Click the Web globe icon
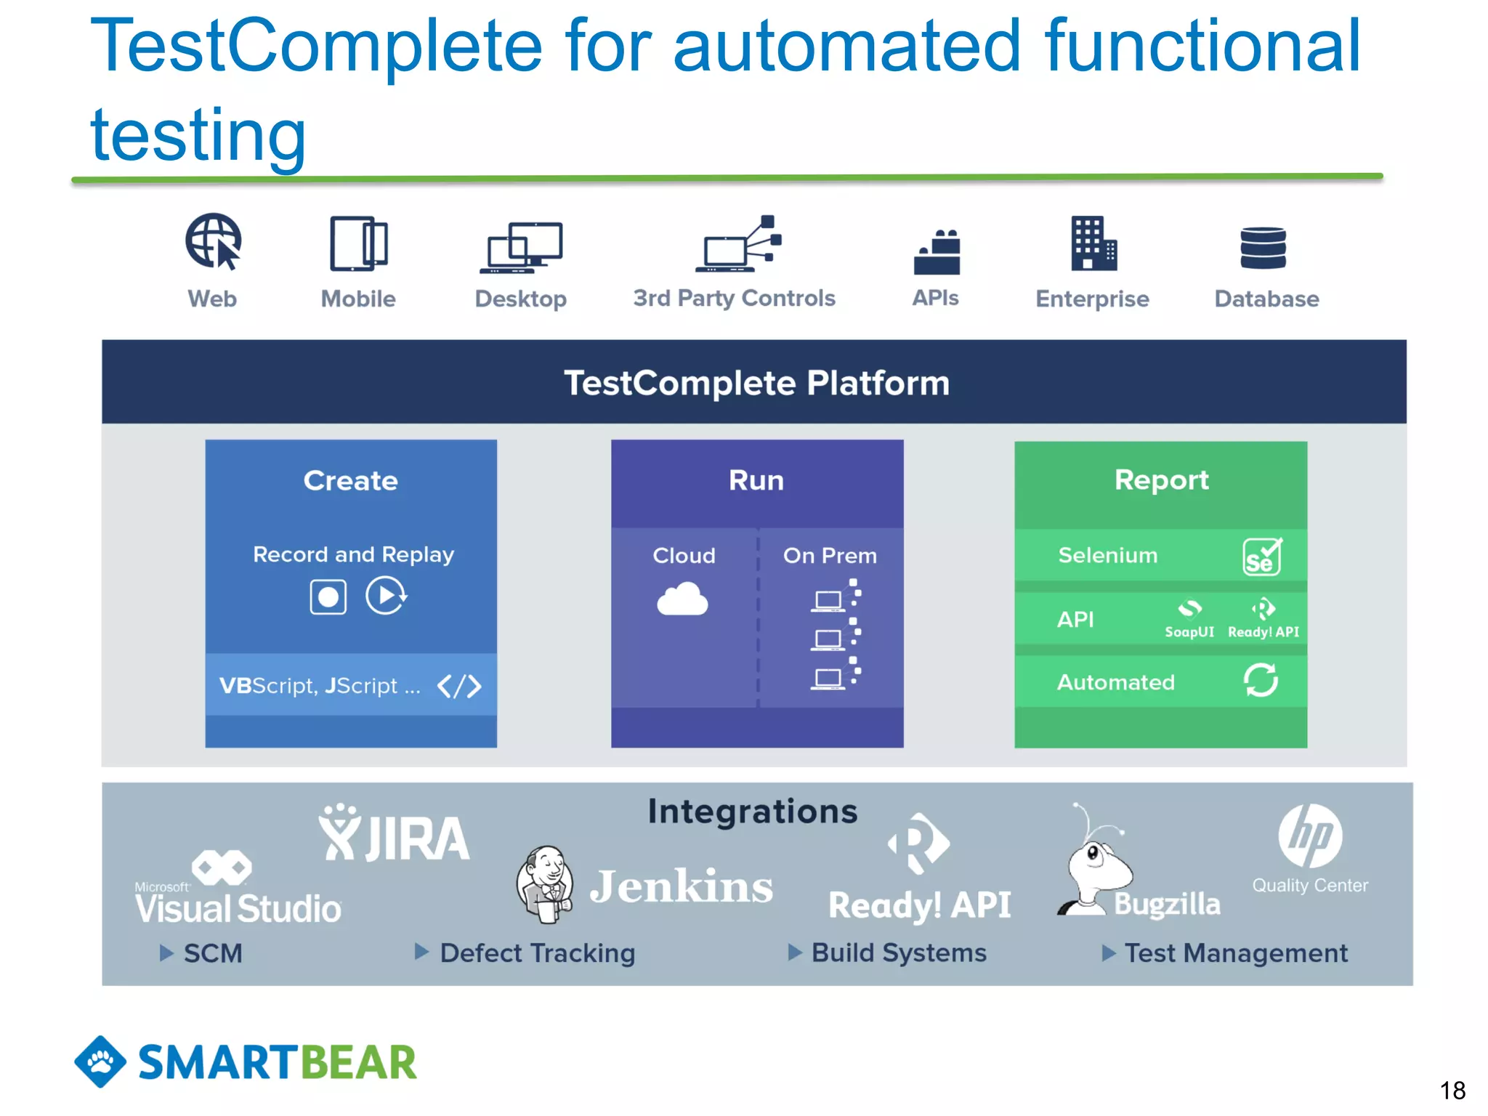pyautogui.click(x=213, y=241)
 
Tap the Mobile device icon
pyautogui.click(x=358, y=244)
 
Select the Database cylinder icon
pyautogui.click(x=1263, y=248)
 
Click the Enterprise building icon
pyautogui.click(x=1093, y=244)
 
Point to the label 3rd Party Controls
pyautogui.click(x=734, y=299)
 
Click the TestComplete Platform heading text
pyautogui.click(x=756, y=383)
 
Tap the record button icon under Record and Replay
pyautogui.click(x=328, y=597)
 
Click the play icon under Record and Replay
pyautogui.click(x=385, y=596)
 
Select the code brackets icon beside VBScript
pyautogui.click(x=459, y=686)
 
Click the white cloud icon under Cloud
pyautogui.click(x=682, y=599)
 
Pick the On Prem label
pyautogui.click(x=830, y=556)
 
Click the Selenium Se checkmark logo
pyautogui.click(x=1262, y=557)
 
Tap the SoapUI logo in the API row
pyautogui.click(x=1189, y=618)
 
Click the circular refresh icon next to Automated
pyautogui.click(x=1261, y=680)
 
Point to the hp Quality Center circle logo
pyautogui.click(x=1310, y=836)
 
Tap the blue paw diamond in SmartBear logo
pyautogui.click(x=100, y=1062)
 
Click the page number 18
pyautogui.click(x=1452, y=1091)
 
